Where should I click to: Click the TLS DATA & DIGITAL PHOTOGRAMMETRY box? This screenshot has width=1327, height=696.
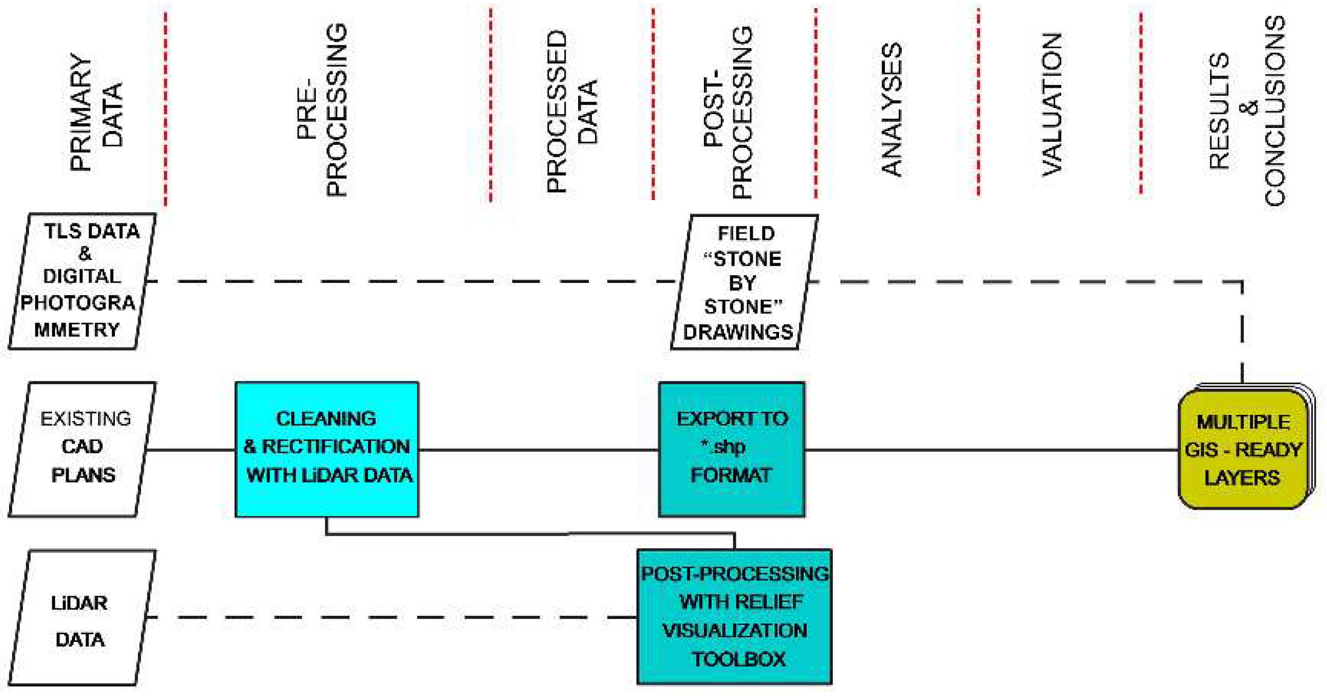coord(83,281)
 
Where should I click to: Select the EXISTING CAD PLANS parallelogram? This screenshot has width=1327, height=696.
coord(83,449)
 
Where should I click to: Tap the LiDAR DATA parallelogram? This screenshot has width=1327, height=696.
coord(83,617)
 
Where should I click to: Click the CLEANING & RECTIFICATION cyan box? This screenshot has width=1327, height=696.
coord(327,449)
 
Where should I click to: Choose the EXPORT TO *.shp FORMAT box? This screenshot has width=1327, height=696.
coord(732,449)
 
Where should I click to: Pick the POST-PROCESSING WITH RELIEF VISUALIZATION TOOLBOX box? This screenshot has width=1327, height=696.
coord(734,616)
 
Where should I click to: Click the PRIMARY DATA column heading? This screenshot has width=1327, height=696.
coord(97,111)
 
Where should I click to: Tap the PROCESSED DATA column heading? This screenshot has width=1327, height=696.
coord(572,111)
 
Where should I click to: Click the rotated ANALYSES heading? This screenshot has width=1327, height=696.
coord(891,109)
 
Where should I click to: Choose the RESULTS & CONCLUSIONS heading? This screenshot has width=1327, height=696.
coord(1247,111)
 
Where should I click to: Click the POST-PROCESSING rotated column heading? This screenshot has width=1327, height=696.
coord(727,112)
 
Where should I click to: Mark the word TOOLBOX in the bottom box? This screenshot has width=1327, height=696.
coord(738,659)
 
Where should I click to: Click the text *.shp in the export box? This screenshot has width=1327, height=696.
coord(723,447)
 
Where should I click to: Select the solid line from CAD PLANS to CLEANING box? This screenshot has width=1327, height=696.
coord(191,450)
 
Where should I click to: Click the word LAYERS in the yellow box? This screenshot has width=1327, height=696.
coord(1241,477)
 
